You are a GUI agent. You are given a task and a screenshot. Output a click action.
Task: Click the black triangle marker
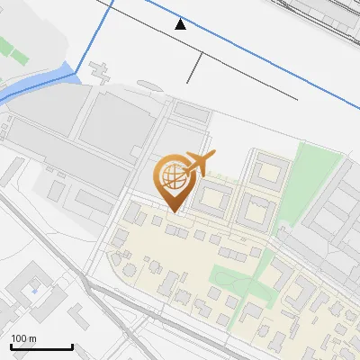(x=181, y=23)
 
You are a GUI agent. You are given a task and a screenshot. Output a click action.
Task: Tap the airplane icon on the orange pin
(x=197, y=164)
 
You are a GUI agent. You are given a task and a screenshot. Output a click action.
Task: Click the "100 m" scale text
(x=23, y=338)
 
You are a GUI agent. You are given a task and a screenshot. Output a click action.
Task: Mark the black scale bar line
(x=40, y=346)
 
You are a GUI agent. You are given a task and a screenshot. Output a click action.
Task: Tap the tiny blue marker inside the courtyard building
(x=34, y=290)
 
